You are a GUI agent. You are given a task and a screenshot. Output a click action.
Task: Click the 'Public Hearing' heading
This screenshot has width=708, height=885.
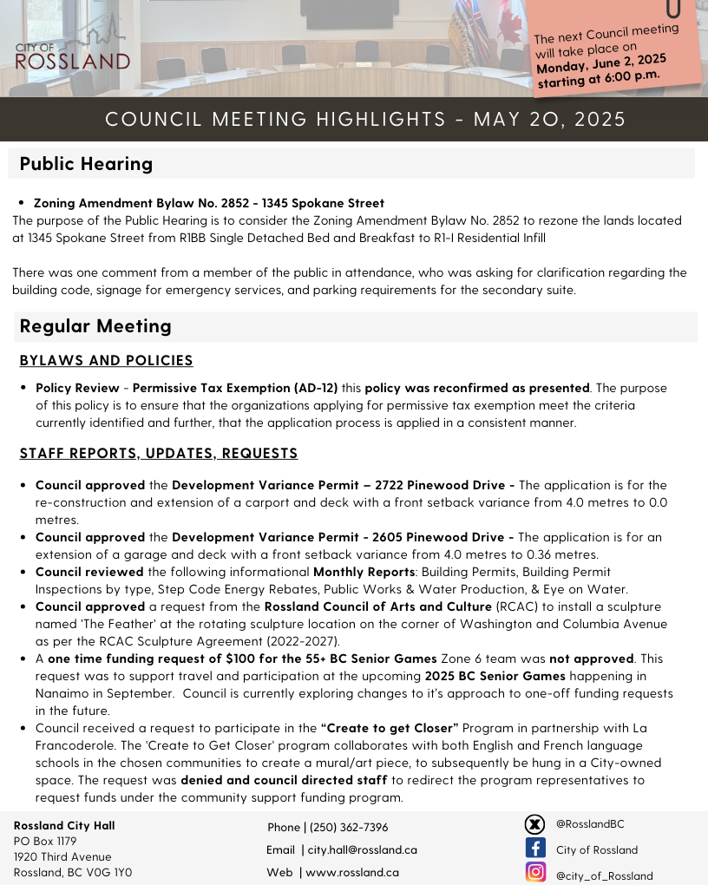86,163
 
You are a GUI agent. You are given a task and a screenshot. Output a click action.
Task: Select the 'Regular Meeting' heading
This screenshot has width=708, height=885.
95,325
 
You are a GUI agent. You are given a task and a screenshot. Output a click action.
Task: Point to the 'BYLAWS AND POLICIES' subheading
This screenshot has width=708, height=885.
106,360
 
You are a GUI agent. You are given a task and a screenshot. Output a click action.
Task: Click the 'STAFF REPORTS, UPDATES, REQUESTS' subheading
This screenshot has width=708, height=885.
159,453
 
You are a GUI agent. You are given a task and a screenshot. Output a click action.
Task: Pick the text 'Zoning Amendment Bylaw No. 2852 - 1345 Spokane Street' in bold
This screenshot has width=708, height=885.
208,203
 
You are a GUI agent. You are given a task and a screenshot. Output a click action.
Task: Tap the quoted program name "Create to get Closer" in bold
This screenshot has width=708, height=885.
390,728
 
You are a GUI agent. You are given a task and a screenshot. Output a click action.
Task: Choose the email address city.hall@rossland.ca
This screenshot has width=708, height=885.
362,849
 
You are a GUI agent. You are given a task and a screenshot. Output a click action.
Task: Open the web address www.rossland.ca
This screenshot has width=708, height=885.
352,872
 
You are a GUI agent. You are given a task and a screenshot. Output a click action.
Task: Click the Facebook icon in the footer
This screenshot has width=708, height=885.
535,848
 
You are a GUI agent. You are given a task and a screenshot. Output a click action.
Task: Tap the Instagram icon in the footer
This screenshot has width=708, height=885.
535,872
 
